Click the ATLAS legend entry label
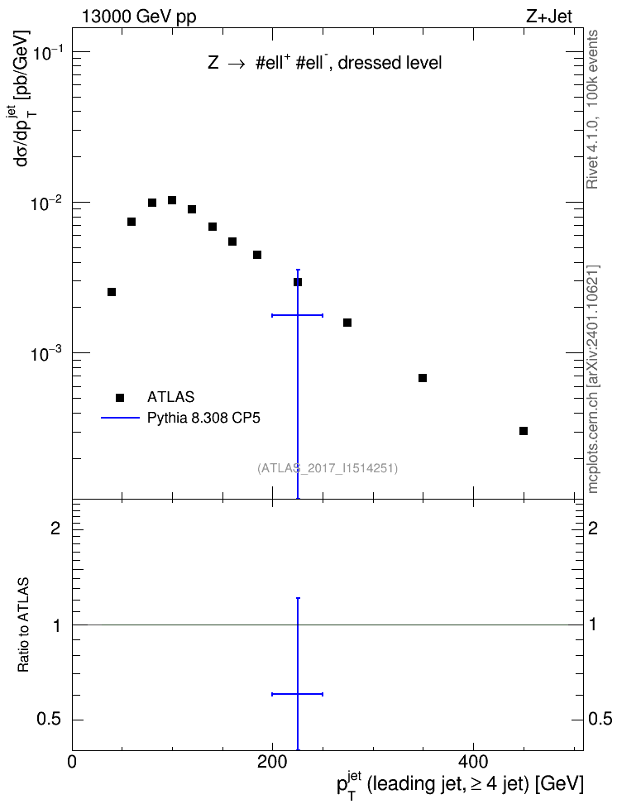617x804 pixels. pos(170,397)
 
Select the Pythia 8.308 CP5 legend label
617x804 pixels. pos(203,418)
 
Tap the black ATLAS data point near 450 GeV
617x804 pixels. pos(524,431)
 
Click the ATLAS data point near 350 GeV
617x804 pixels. pos(423,378)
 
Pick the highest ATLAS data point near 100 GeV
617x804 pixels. pos(172,200)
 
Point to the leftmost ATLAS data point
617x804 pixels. pos(112,292)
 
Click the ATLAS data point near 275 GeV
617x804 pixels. pos(347,323)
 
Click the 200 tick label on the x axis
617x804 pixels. pos(272,762)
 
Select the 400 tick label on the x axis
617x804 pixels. pos(472,762)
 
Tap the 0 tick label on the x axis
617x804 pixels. pos(72,762)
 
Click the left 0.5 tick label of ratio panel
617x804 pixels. pos(49,720)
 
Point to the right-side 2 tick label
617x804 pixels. pos(593,528)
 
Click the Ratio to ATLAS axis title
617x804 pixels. pos(23,625)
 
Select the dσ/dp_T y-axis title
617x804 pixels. pos(23,98)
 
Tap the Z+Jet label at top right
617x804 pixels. pos(549,17)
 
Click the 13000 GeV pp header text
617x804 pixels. pos(139,17)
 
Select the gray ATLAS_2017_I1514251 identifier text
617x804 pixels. pos(328,468)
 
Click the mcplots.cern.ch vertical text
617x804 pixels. pos(592,379)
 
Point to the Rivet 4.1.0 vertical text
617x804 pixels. pos(592,109)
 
